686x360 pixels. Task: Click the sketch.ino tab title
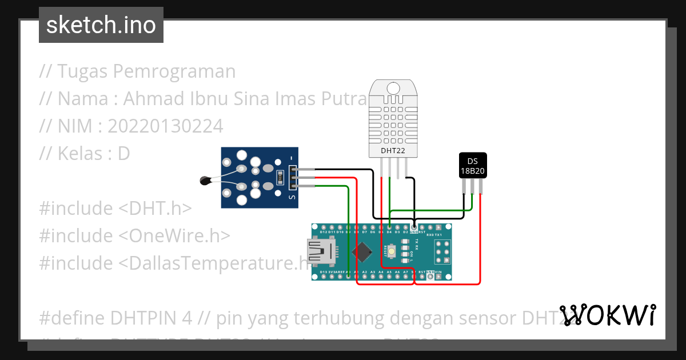coord(101,26)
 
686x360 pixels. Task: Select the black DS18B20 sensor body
coord(473,166)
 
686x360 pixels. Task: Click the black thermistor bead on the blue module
coord(205,181)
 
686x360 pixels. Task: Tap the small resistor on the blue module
coord(280,178)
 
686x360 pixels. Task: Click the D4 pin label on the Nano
coord(389,232)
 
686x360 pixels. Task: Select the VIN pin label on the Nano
coord(438,272)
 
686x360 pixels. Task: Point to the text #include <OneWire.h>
coord(134,235)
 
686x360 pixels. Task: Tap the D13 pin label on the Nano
coord(324,272)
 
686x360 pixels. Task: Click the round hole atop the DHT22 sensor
coord(393,88)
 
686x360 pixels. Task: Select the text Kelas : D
coord(93,154)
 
